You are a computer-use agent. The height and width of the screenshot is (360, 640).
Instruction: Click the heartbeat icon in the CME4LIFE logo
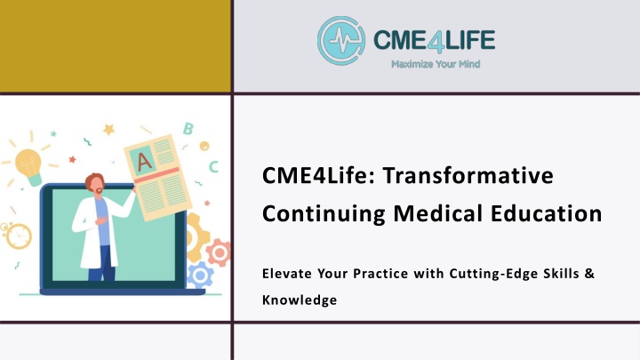coord(341,40)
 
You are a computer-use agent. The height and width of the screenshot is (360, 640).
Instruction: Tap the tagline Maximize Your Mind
coord(436,64)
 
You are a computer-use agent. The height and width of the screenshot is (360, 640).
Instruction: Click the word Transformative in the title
coord(468,175)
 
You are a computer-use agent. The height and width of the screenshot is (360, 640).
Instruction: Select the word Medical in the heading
coord(437,213)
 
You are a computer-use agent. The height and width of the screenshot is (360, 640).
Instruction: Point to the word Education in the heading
coord(546,213)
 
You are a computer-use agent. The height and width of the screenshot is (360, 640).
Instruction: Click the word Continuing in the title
coord(324,214)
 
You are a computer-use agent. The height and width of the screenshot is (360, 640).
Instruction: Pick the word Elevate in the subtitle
coord(287,273)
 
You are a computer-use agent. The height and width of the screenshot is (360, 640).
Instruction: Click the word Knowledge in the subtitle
coord(300,300)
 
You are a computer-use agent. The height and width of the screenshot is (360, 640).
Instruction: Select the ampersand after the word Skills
coord(589,273)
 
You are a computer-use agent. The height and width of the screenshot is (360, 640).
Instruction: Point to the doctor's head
coord(95,184)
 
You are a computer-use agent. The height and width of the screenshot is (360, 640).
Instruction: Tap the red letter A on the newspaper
coord(144,162)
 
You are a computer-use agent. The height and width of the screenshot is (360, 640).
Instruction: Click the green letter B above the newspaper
coord(188,129)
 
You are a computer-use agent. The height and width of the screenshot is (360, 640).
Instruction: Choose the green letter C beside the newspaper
coord(213,166)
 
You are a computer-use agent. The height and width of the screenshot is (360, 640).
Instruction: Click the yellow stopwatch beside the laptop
coord(17,235)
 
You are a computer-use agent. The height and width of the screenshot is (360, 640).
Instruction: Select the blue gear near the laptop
coord(200,276)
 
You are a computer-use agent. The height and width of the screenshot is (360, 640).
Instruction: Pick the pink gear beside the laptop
coord(219,252)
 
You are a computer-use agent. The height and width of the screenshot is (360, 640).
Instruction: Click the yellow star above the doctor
coord(108,130)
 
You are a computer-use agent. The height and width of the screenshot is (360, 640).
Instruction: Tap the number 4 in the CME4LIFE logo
coord(434,41)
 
